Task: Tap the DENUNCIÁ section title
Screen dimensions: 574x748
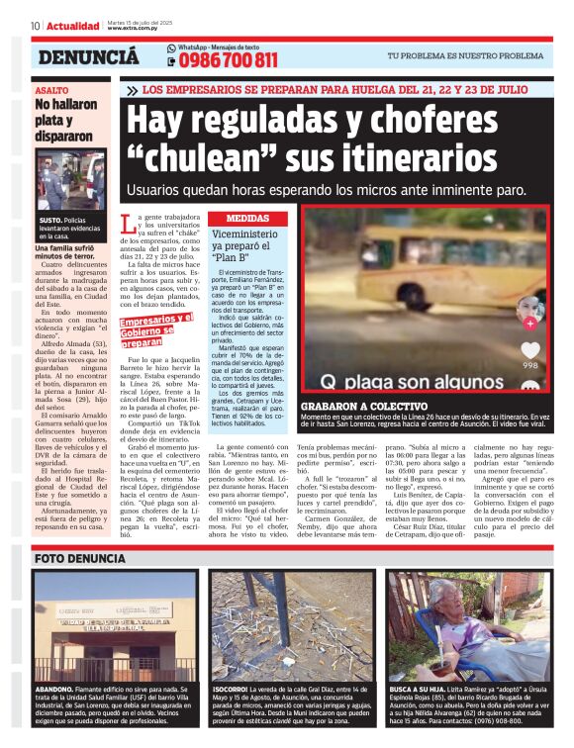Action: pyautogui.click(x=88, y=57)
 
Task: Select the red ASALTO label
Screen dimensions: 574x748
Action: pyautogui.click(x=50, y=90)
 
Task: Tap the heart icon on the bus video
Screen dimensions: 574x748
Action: pyautogui.click(x=530, y=350)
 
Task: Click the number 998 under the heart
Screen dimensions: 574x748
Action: pyautogui.click(x=530, y=365)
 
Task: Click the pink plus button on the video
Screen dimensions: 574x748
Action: pyautogui.click(x=529, y=323)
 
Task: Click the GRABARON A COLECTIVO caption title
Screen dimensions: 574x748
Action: pyautogui.click(x=361, y=407)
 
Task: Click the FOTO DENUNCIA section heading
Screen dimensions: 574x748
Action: pyautogui.click(x=79, y=559)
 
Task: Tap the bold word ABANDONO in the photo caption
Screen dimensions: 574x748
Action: pyautogui.click(x=54, y=687)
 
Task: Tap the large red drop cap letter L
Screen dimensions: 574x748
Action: pyautogui.click(x=126, y=224)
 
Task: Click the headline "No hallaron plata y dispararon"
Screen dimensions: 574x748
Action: pyautogui.click(x=64, y=120)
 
